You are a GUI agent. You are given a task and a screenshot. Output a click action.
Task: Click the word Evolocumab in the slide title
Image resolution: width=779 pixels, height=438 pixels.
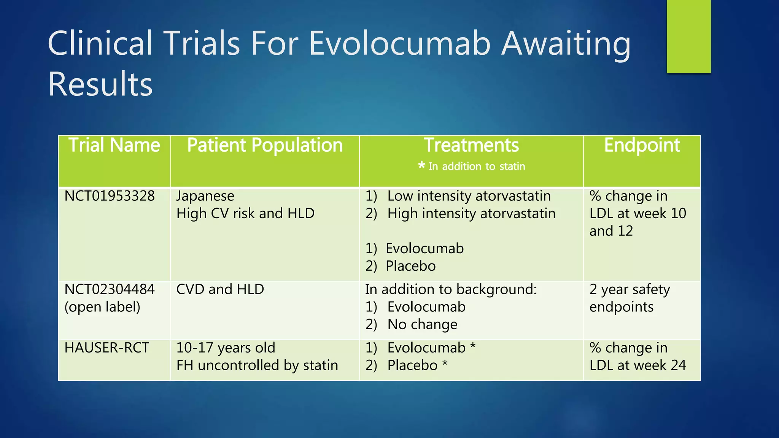pyautogui.click(x=399, y=43)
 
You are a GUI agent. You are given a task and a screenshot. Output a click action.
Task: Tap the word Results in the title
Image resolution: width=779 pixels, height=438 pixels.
pyautogui.click(x=100, y=84)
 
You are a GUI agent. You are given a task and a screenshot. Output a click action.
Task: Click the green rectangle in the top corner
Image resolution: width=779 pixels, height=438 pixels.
pyautogui.click(x=688, y=36)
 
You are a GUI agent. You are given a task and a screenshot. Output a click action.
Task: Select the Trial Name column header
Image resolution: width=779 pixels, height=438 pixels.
pyautogui.click(x=114, y=145)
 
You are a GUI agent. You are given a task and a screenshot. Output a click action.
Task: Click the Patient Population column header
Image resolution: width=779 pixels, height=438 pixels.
pyautogui.click(x=265, y=145)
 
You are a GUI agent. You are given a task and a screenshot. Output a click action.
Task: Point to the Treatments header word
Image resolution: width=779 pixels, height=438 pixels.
pyautogui.click(x=471, y=145)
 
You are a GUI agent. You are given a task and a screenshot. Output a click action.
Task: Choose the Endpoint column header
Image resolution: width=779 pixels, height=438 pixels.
pyautogui.click(x=642, y=145)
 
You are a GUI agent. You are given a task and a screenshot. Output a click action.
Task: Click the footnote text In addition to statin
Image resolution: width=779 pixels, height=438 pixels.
pyautogui.click(x=477, y=167)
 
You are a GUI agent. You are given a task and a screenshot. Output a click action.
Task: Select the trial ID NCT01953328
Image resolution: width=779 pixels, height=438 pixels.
pyautogui.click(x=110, y=196)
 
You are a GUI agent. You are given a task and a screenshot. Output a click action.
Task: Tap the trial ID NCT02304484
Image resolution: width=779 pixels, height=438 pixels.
pyautogui.click(x=110, y=290)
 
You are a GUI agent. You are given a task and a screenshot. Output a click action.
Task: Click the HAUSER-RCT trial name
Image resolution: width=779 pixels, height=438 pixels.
pyautogui.click(x=107, y=348)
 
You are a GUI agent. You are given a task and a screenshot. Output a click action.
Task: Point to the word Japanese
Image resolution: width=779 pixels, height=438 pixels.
pyautogui.click(x=205, y=196)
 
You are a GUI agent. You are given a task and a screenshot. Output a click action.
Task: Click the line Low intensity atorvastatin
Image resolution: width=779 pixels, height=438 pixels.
pyautogui.click(x=469, y=196)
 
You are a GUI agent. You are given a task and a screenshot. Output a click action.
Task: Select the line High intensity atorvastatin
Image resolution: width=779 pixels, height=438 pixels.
pyautogui.click(x=471, y=214)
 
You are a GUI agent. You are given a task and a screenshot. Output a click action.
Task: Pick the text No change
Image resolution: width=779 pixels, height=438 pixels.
pyautogui.click(x=422, y=325)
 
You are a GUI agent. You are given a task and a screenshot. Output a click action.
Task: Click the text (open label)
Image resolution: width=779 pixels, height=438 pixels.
pyautogui.click(x=102, y=307)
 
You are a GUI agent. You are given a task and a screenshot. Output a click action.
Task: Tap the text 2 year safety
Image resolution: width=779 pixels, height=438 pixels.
pyautogui.click(x=630, y=290)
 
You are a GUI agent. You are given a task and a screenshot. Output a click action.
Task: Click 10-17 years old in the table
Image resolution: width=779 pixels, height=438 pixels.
pyautogui.click(x=226, y=348)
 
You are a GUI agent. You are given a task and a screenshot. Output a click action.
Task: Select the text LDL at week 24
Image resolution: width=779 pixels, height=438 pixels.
pyautogui.click(x=638, y=365)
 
